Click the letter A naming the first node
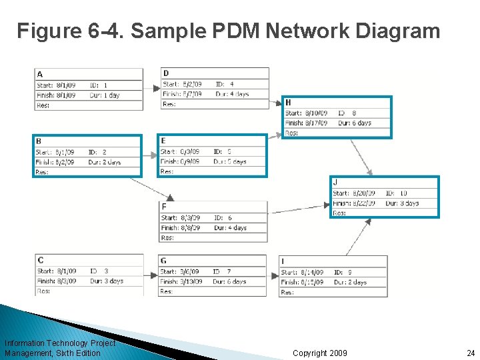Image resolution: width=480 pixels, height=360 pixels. pyautogui.click(x=40, y=74)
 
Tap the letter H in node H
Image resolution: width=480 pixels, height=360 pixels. pyautogui.click(x=288, y=103)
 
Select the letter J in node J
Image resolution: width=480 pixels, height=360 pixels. pyautogui.click(x=335, y=183)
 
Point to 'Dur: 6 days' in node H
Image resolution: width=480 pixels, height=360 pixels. pyautogui.click(x=354, y=123)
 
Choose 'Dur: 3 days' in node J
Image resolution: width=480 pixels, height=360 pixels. pyautogui.click(x=402, y=203)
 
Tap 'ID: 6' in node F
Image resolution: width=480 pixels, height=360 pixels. pyautogui.click(x=223, y=218)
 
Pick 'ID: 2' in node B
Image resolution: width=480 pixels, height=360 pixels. pyautogui.click(x=97, y=152)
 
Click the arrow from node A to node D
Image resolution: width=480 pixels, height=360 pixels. pyautogui.click(x=153, y=85)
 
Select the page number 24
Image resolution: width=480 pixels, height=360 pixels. pyautogui.click(x=470, y=353)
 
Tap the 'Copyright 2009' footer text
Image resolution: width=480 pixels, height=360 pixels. pyautogui.click(x=319, y=353)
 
